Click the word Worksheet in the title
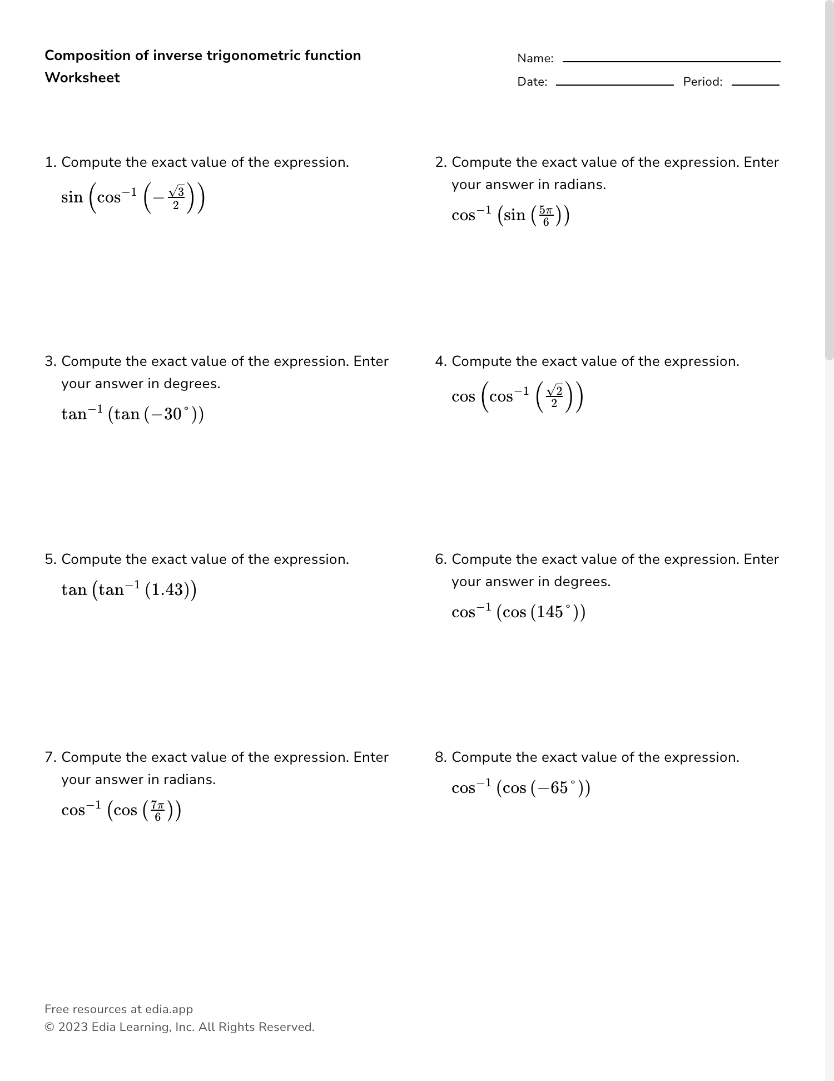(82, 78)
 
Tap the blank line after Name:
(671, 61)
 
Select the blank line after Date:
(614, 85)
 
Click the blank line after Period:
(755, 85)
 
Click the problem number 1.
(50, 162)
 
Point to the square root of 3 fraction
(176, 198)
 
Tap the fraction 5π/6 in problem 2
(545, 216)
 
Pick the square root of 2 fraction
(554, 397)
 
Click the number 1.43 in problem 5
(167, 590)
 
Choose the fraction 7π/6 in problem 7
(157, 811)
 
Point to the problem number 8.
(440, 757)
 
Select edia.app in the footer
(169, 1009)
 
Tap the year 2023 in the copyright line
(73, 1027)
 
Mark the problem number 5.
(50, 559)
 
